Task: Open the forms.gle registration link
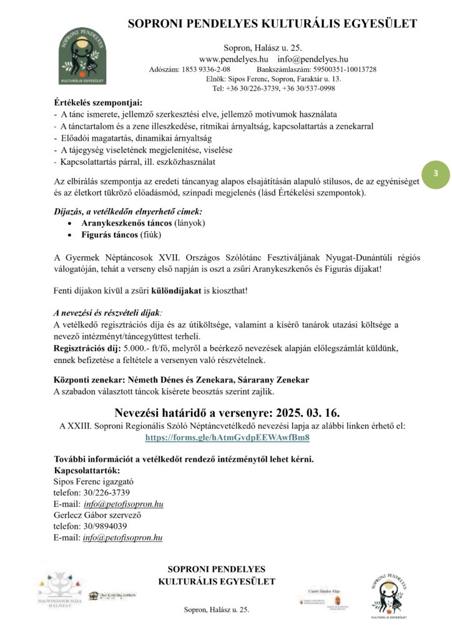pyautogui.click(x=227, y=437)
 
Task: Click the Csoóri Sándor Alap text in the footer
pyautogui.click(x=323, y=589)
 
